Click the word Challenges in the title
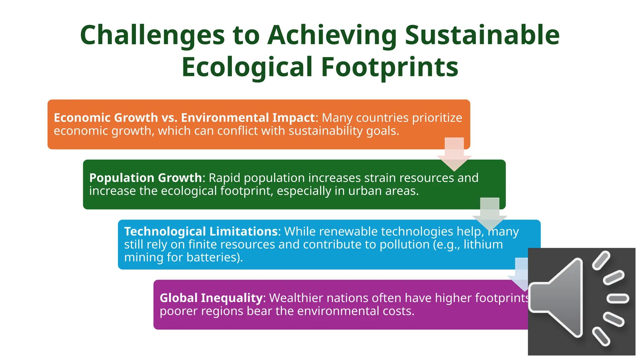(x=152, y=35)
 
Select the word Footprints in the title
(x=389, y=67)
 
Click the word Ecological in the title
(x=247, y=67)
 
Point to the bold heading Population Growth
(x=145, y=178)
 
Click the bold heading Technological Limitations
(x=201, y=232)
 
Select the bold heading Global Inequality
(x=211, y=298)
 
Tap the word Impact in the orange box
(x=293, y=118)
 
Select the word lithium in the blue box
(x=483, y=244)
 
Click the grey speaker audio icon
(x=581, y=302)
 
